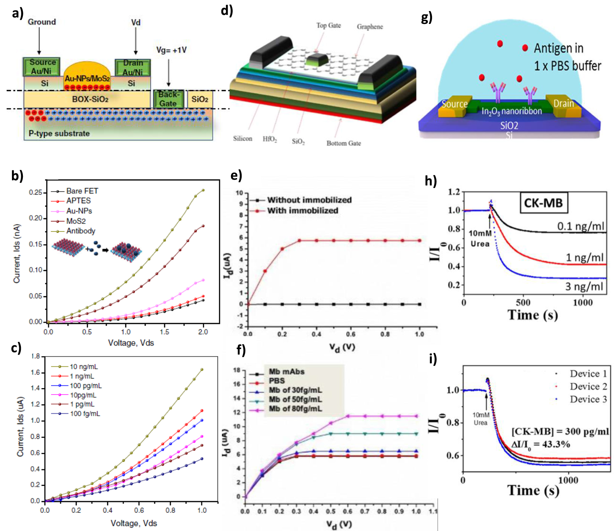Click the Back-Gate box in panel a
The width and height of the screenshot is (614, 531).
click(x=168, y=99)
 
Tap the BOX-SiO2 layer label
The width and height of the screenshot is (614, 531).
click(x=90, y=99)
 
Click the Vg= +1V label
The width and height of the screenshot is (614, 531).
click(x=171, y=50)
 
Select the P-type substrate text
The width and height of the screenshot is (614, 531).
click(x=59, y=133)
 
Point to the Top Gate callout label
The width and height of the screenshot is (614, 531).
click(x=328, y=26)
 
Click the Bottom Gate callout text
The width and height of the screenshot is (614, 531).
click(x=344, y=143)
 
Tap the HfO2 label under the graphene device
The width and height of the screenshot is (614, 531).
click(x=269, y=139)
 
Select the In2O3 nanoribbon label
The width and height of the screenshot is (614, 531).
click(x=511, y=111)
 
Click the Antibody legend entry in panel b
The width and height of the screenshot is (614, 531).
click(x=81, y=231)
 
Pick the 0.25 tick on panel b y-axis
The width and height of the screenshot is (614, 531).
click(x=36, y=193)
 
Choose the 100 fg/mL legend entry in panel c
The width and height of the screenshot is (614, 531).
click(x=85, y=414)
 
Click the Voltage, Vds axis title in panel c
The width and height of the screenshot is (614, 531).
click(x=133, y=523)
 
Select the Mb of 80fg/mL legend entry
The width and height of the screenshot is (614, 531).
click(x=295, y=409)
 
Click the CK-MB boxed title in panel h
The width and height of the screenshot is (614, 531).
click(x=543, y=203)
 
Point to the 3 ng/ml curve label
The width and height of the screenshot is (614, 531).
click(x=584, y=287)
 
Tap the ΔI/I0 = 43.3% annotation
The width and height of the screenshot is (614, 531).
click(x=540, y=444)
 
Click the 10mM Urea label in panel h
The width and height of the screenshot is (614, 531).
click(x=480, y=238)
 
